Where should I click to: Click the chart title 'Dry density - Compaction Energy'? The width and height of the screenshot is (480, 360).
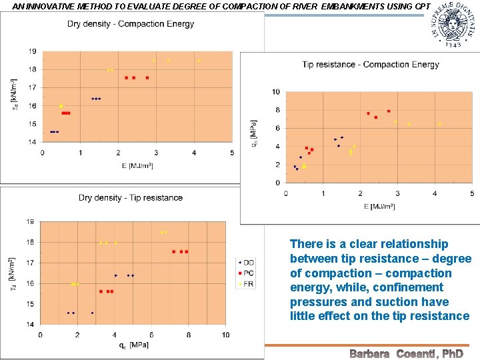tap(131, 24)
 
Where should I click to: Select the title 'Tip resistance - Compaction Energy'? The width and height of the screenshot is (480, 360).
tap(371, 65)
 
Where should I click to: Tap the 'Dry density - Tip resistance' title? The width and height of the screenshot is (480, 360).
tap(131, 197)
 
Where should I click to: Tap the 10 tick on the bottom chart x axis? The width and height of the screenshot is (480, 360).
tap(226, 335)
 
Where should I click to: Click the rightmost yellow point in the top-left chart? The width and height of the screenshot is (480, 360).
tap(199, 61)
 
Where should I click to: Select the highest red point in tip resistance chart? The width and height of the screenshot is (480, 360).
tap(389, 111)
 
